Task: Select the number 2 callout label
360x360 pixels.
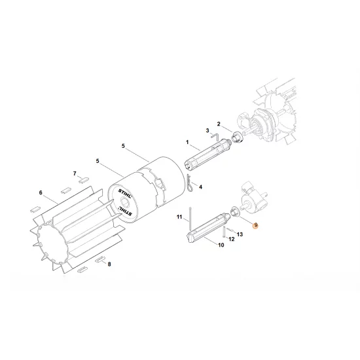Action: point(220,124)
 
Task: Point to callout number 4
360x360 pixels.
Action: point(200,187)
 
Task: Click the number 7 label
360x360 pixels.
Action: point(75,175)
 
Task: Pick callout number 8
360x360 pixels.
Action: point(109,264)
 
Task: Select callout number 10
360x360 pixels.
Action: point(221,246)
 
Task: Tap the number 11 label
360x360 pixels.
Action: point(177,216)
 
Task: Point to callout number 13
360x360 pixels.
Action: point(240,233)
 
